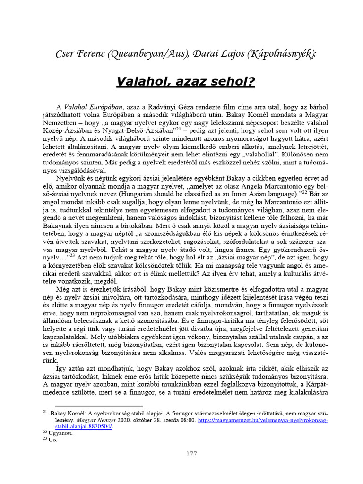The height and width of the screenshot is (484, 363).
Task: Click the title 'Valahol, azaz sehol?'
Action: click(185, 82)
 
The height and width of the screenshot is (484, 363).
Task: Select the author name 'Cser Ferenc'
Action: click(78, 54)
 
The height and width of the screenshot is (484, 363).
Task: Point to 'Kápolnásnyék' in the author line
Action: click(279, 54)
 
